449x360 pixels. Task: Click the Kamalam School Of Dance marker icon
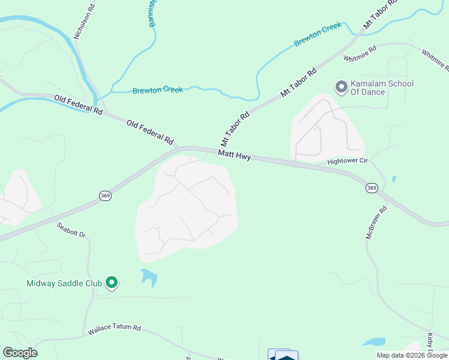tap(342, 88)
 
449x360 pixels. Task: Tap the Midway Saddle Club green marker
tap(111, 282)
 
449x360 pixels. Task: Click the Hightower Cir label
tap(347, 161)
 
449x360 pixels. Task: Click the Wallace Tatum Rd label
tap(114, 329)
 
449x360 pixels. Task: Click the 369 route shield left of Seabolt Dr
tap(105, 196)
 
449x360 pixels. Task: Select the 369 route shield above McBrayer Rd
tap(371, 188)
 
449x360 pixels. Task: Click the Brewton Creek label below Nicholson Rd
tap(157, 89)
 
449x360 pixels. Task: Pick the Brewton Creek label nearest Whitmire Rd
tap(318, 35)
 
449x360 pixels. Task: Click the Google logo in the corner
tap(20, 353)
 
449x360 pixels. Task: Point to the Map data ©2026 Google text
tap(412, 355)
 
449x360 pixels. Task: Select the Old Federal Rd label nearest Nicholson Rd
tap(79, 105)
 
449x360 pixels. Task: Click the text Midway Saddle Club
tap(64, 283)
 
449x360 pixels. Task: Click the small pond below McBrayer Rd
tap(374, 342)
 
